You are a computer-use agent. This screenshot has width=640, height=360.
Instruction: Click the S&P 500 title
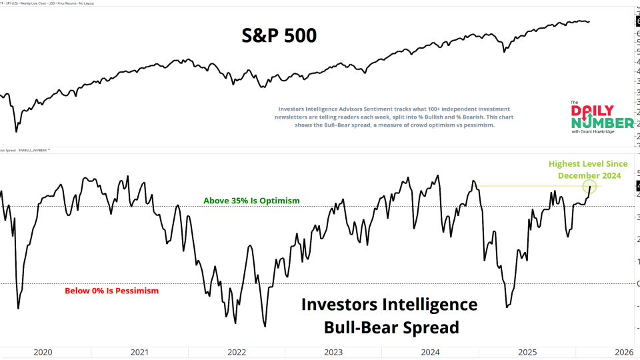[x=279, y=35]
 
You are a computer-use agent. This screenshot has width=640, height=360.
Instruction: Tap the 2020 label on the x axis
[x=43, y=353]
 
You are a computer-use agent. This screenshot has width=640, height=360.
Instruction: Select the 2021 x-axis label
[x=140, y=353]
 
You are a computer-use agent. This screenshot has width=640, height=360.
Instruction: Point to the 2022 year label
[x=237, y=353]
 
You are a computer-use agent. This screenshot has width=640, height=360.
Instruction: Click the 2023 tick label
[x=333, y=353]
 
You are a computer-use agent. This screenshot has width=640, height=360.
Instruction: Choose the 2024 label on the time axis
[x=431, y=353]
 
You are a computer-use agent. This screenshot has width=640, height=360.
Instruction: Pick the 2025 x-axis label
[x=527, y=353]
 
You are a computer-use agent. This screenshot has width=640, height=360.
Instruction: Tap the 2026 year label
[x=624, y=353]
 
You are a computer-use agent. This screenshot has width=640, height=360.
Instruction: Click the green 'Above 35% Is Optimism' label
[x=252, y=201]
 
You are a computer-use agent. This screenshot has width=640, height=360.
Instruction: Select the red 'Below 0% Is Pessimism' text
[x=111, y=291]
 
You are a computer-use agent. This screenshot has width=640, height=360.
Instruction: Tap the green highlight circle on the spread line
[x=589, y=187]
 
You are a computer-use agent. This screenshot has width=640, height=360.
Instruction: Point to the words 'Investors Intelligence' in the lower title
[x=389, y=305]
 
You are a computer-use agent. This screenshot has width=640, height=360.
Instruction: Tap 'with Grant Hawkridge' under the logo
[x=594, y=131]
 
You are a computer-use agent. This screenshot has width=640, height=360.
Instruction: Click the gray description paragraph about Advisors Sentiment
[x=393, y=117]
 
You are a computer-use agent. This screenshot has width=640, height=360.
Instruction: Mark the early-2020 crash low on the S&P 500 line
[x=15, y=131]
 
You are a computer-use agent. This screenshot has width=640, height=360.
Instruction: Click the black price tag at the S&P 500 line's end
[x=637, y=21]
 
